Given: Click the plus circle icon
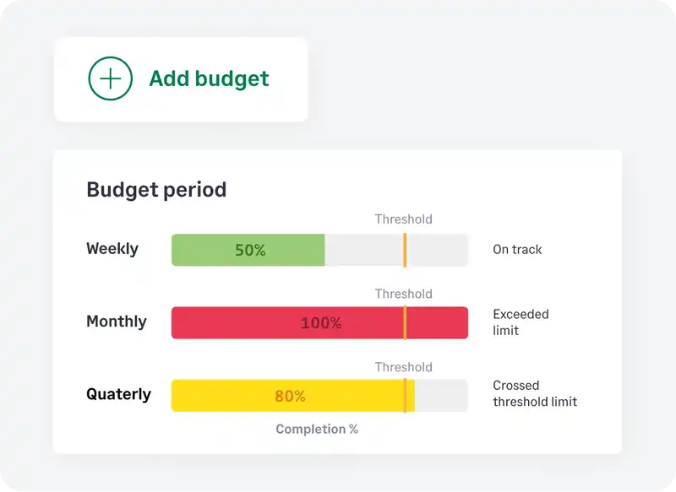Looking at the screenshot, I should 111,78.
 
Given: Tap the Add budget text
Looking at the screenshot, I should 209,78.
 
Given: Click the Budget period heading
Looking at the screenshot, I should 156,189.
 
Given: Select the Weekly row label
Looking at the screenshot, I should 112,249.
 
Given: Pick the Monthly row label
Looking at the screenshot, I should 117,322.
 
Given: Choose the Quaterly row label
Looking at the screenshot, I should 119,394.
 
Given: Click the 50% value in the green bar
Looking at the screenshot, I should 250,250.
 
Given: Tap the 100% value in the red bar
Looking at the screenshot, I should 321,323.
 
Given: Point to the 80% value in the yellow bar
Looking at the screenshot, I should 290,396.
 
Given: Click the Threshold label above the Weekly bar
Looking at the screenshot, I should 404,219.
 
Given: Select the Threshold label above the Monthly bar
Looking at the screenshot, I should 404,294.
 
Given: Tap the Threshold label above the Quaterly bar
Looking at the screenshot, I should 404,367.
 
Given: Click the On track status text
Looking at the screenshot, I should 517,250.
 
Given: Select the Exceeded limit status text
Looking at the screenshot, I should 521,322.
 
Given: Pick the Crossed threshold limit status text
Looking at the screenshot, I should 535,393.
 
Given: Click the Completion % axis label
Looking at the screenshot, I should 317,429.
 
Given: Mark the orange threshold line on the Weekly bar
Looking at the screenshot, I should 405,250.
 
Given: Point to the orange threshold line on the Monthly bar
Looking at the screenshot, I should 405,323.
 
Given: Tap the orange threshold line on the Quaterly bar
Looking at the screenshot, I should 405,396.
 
